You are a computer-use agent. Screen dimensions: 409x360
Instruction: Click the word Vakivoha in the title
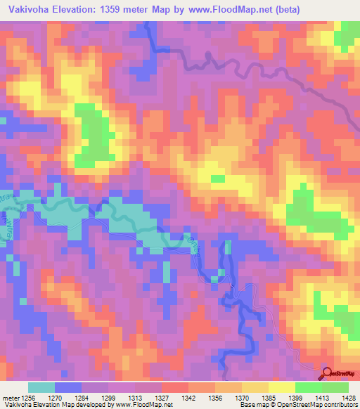(x=27, y=10)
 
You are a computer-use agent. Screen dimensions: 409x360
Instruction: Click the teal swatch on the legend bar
(x=41, y=387)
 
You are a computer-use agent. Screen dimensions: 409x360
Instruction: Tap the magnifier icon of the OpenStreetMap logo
(x=327, y=375)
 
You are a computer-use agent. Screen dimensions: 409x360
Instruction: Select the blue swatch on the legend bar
(x=68, y=387)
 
